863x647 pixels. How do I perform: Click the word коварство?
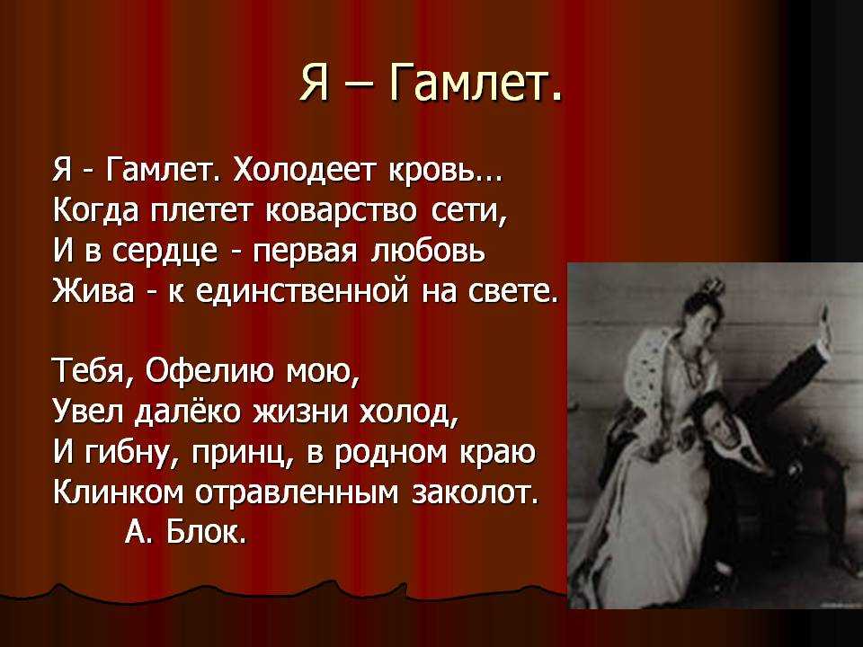(x=342, y=212)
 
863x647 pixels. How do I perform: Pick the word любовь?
(x=430, y=252)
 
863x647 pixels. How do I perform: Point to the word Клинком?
(x=119, y=492)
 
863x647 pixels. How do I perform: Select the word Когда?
(x=96, y=213)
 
